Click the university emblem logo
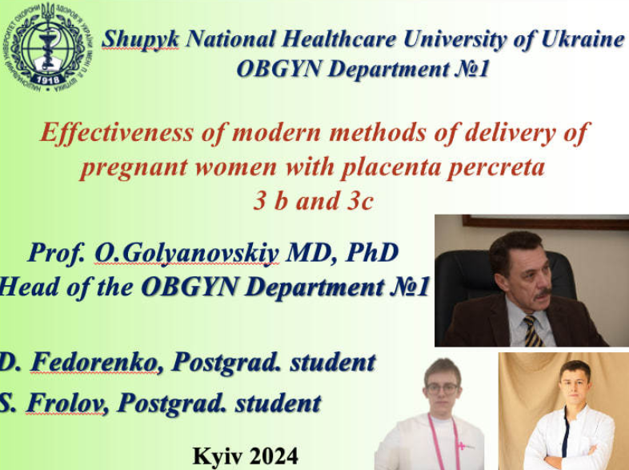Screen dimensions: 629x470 (x=47, y=47)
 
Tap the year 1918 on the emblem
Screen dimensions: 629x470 (x=48, y=79)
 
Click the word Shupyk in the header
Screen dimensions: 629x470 (x=140, y=40)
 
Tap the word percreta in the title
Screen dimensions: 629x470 (x=496, y=168)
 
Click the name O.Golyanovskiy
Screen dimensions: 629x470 (x=186, y=253)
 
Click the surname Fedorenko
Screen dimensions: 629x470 (x=94, y=362)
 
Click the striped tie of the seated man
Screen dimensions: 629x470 (x=533, y=331)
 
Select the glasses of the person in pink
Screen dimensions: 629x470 (x=442, y=388)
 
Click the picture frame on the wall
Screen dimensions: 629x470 (x=545, y=223)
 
